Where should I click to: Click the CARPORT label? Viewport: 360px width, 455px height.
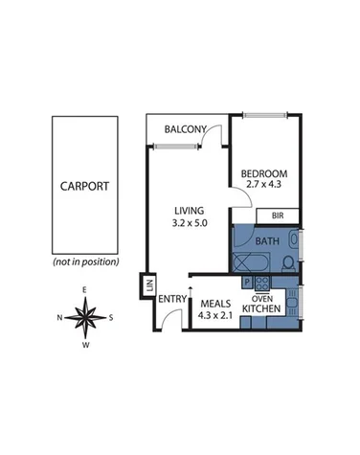pos(85,187)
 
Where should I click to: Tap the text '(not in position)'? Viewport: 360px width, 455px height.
pos(85,262)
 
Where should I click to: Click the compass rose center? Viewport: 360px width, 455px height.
pos(85,317)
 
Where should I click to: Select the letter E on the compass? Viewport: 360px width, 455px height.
pos(85,289)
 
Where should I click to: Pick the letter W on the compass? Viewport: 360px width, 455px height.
pos(85,346)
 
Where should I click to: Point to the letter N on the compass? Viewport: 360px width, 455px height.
pos(59,318)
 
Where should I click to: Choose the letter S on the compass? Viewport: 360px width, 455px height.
pos(111,318)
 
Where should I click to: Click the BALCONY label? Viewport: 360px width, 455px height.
pos(186,129)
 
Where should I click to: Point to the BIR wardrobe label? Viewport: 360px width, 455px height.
pos(278,216)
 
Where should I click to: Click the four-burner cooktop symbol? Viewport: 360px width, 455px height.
pos(260,283)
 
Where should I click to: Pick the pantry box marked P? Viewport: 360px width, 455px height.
pos(245,283)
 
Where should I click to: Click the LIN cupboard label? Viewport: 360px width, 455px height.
pos(149,284)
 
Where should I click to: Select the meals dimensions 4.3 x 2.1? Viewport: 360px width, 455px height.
pos(214,312)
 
